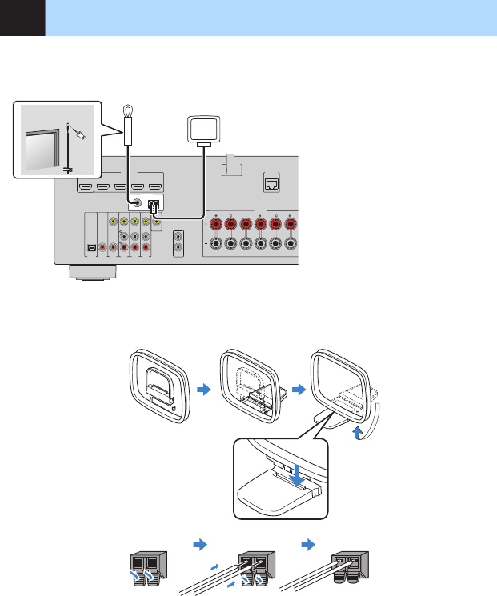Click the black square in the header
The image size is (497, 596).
[x=22, y=18]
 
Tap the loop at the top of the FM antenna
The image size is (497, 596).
[x=127, y=111]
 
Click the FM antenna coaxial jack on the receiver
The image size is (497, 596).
[x=138, y=204]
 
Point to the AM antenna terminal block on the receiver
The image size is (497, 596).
[x=155, y=204]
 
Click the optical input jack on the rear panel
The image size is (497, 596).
[x=92, y=248]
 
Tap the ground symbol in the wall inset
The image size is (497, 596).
[x=67, y=168]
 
